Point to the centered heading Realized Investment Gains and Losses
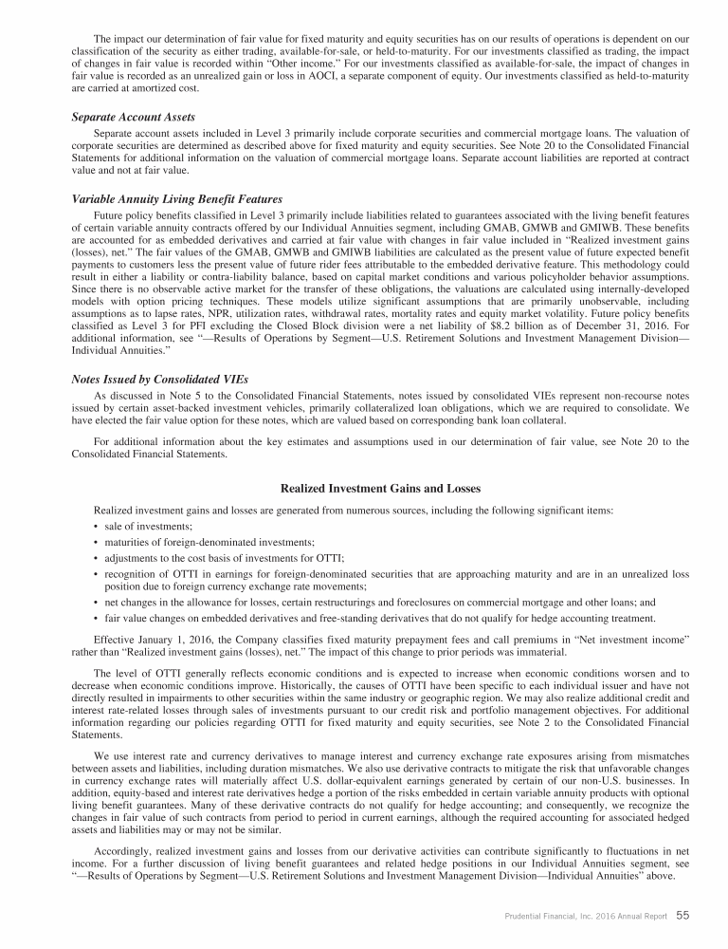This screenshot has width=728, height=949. pyautogui.click(x=381, y=488)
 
